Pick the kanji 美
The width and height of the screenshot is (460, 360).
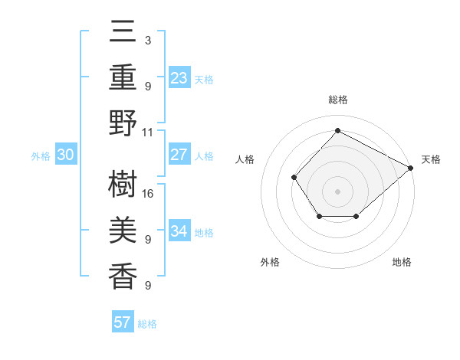pos(123,231)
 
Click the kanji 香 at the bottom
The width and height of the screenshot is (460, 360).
pos(123,276)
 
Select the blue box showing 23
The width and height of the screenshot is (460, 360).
pos(179,77)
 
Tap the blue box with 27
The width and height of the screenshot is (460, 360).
pos(179,155)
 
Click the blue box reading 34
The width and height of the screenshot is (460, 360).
pos(179,231)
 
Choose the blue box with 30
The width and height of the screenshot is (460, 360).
pos(65,155)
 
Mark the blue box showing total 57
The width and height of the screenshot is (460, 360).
pos(123,322)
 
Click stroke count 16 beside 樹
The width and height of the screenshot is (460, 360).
pos(148,195)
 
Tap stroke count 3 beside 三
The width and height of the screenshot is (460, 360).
pos(148,40)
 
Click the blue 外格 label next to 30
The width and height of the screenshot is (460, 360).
pos(41,156)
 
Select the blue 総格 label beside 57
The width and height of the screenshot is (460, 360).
pos(147,324)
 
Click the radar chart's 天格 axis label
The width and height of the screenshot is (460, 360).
pos(431,159)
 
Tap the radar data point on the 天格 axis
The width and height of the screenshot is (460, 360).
pos(411,168)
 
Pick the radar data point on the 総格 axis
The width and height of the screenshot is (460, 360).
pos(337,131)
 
